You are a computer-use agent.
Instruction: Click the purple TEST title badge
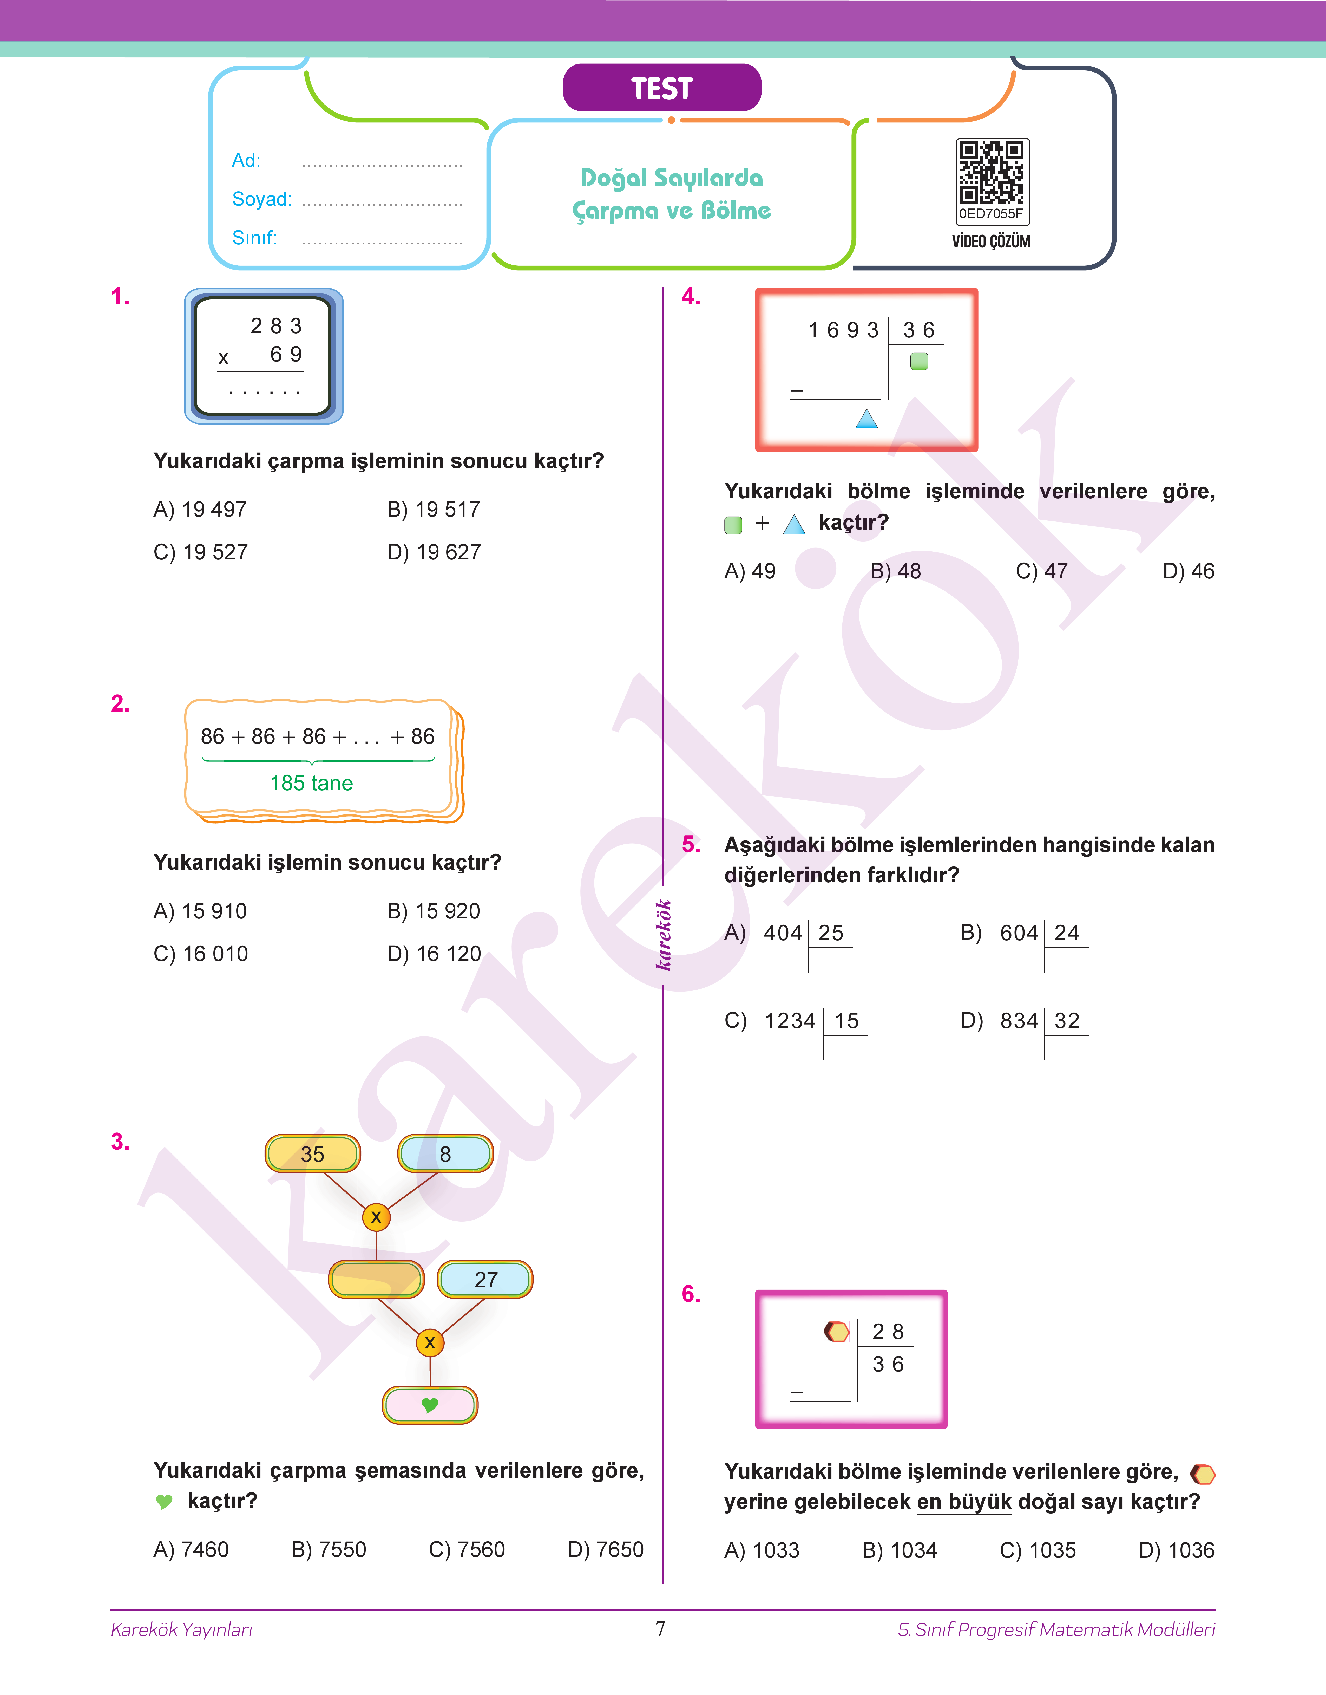tap(661, 88)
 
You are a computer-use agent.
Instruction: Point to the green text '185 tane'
tap(311, 783)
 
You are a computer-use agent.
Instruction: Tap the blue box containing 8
tap(446, 1154)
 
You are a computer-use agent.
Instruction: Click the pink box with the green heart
tap(430, 1405)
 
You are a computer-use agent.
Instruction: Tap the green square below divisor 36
tap(919, 361)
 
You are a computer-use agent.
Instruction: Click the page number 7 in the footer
tap(661, 1628)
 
